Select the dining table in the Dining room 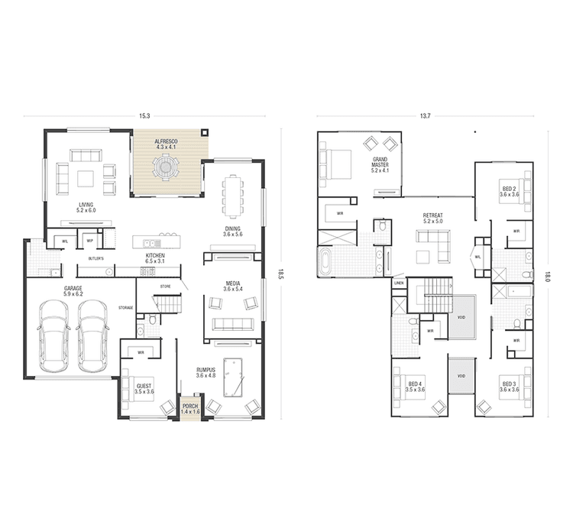[x=233, y=196]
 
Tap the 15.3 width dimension [x=144, y=115]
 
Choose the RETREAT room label [x=433, y=218]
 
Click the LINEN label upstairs [x=399, y=283]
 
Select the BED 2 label [x=509, y=190]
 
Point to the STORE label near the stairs [x=165, y=286]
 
